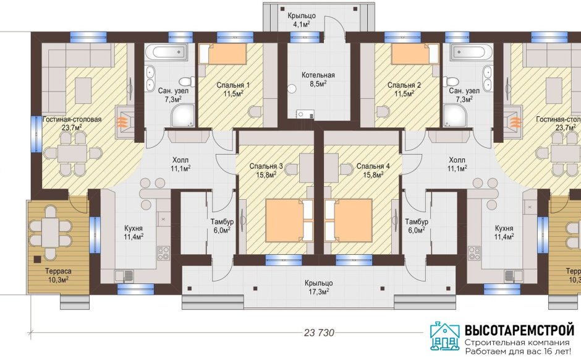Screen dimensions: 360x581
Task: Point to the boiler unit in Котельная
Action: point(305,114)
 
